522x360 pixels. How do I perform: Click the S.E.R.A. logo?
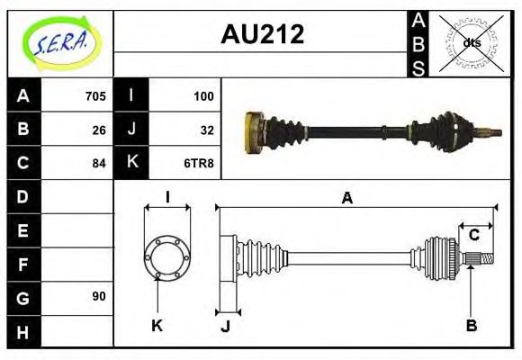point(60,43)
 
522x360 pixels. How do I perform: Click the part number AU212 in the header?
point(262,35)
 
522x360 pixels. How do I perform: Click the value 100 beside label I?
point(203,95)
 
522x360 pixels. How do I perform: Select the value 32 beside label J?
point(206,130)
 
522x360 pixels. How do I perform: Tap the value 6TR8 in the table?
point(200,164)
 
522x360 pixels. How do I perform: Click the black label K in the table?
point(132,163)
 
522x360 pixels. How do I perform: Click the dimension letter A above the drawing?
point(346,199)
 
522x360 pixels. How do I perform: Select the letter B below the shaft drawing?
point(471,325)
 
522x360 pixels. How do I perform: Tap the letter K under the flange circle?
point(157,326)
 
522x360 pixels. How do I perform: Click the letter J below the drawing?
point(225,326)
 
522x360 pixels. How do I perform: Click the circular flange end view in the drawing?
point(167,258)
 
